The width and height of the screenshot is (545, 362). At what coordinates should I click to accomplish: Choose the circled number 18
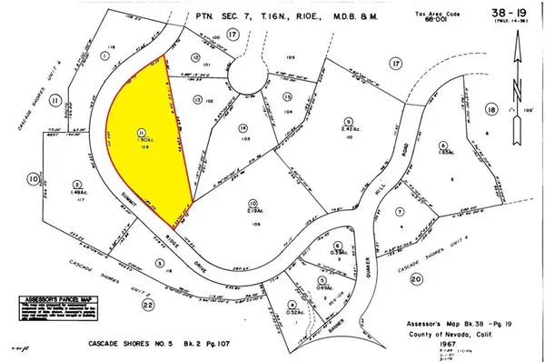coord(491,111)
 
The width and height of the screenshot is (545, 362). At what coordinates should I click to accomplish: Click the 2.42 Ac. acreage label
coord(347,129)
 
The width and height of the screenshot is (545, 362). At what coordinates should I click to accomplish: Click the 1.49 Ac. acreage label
coord(77,192)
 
